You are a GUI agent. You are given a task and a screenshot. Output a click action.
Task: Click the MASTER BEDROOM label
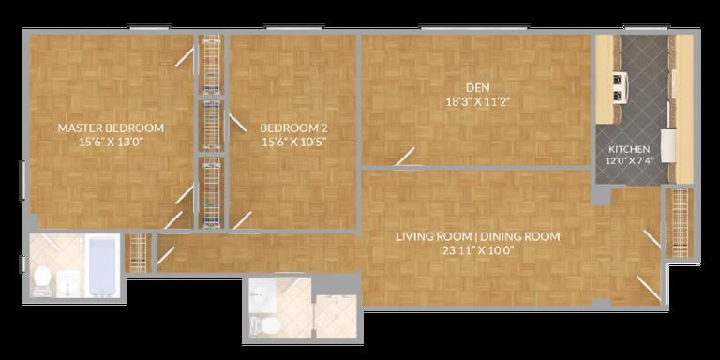click(111, 127)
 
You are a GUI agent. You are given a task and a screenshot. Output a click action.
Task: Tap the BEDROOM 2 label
click(293, 127)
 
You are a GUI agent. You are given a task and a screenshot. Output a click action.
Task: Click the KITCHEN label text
click(629, 149)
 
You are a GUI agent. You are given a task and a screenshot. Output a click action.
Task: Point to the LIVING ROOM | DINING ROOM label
click(478, 237)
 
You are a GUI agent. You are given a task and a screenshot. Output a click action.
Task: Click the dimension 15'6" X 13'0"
click(111, 142)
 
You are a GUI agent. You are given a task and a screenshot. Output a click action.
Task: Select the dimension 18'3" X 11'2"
click(478, 101)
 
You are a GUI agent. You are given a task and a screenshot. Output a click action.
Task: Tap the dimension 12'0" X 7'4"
click(629, 159)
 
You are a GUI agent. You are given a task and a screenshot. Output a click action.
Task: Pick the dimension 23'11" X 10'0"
click(478, 250)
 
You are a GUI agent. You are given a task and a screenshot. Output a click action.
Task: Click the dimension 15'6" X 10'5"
click(293, 142)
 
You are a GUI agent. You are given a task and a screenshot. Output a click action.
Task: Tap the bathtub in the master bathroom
click(102, 266)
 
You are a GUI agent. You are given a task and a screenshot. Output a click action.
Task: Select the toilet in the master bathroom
click(41, 278)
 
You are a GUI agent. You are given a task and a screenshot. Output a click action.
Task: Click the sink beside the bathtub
click(68, 283)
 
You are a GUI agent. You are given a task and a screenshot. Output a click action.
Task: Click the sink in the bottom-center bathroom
click(262, 293)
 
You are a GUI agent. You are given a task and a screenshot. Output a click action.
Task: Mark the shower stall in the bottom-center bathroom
click(337, 317)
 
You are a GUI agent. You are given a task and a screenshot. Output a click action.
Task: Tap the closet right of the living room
click(680, 223)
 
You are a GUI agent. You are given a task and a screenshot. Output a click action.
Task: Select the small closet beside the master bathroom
click(138, 252)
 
